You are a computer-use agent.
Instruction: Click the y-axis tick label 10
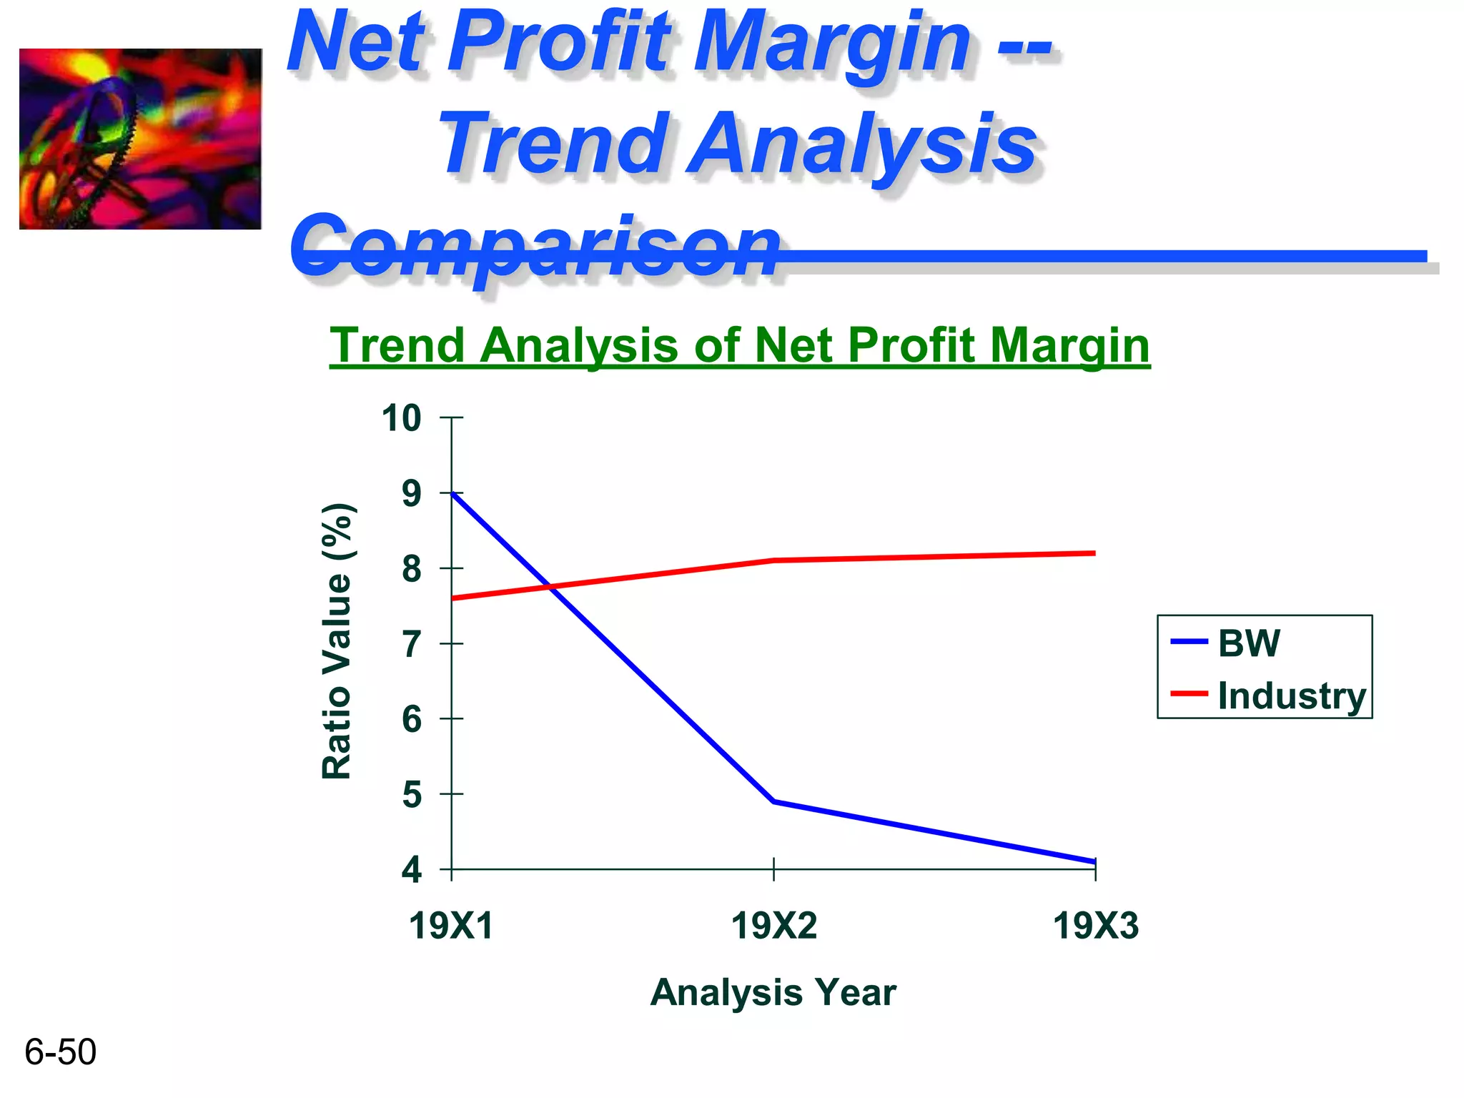tap(401, 418)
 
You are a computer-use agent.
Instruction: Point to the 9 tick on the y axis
tap(412, 494)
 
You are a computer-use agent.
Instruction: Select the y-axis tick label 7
tap(412, 645)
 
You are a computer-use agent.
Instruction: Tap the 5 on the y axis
tap(412, 795)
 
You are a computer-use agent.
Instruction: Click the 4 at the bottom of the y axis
tap(412, 871)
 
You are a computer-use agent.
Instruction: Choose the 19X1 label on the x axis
tap(451, 926)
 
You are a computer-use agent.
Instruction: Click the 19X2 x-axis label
tap(773, 926)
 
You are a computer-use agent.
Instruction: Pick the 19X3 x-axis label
tap(1095, 926)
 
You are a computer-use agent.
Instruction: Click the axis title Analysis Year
tap(773, 992)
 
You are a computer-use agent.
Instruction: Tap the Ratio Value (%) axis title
tap(337, 641)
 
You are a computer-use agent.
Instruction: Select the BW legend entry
tap(1248, 643)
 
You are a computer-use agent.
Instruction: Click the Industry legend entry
tap(1291, 696)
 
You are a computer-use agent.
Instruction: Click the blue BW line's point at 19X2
tap(773, 801)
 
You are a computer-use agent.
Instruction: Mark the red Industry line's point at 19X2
tap(773, 560)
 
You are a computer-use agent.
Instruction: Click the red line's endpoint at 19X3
tap(1094, 553)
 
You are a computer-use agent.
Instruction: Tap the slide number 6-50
tap(60, 1052)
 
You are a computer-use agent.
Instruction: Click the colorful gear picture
tap(140, 139)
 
